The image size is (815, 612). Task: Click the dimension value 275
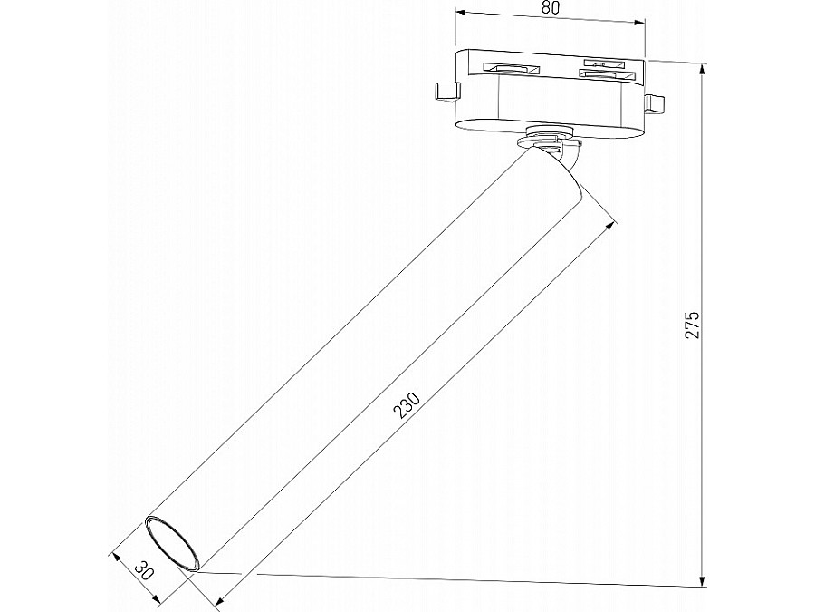(693, 325)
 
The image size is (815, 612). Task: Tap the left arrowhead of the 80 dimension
(459, 13)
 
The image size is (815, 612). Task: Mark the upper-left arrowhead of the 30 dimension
(115, 556)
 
